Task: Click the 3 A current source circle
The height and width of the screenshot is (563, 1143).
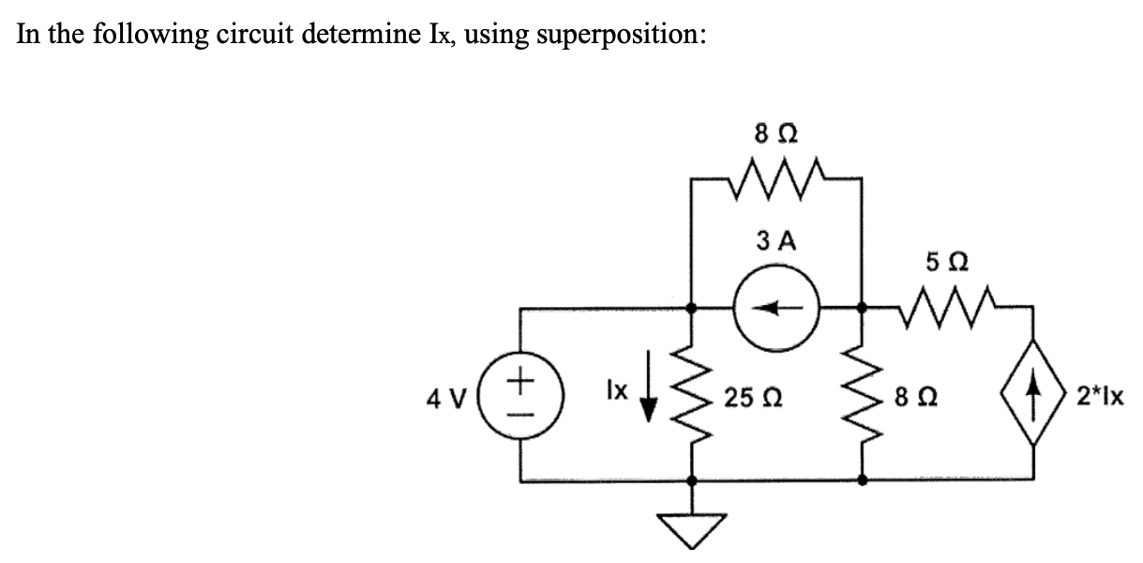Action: (776, 306)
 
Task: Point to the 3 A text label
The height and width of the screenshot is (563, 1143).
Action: (775, 241)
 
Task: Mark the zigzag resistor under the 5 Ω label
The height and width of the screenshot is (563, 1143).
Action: (947, 304)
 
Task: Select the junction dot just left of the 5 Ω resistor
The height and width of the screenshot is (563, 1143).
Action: (862, 306)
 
